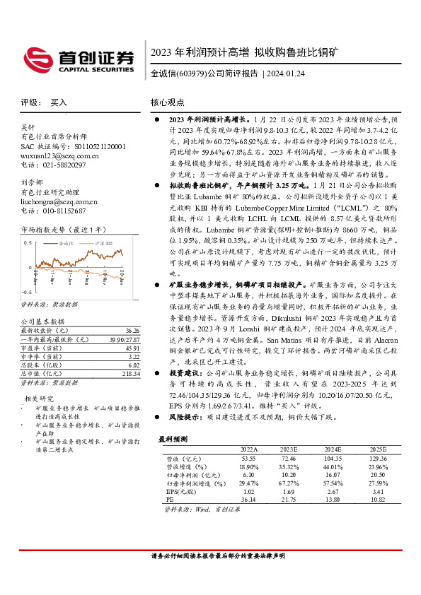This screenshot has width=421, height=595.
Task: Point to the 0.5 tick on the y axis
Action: (x=28, y=242)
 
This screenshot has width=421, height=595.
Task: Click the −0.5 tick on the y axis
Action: (x=26, y=291)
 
